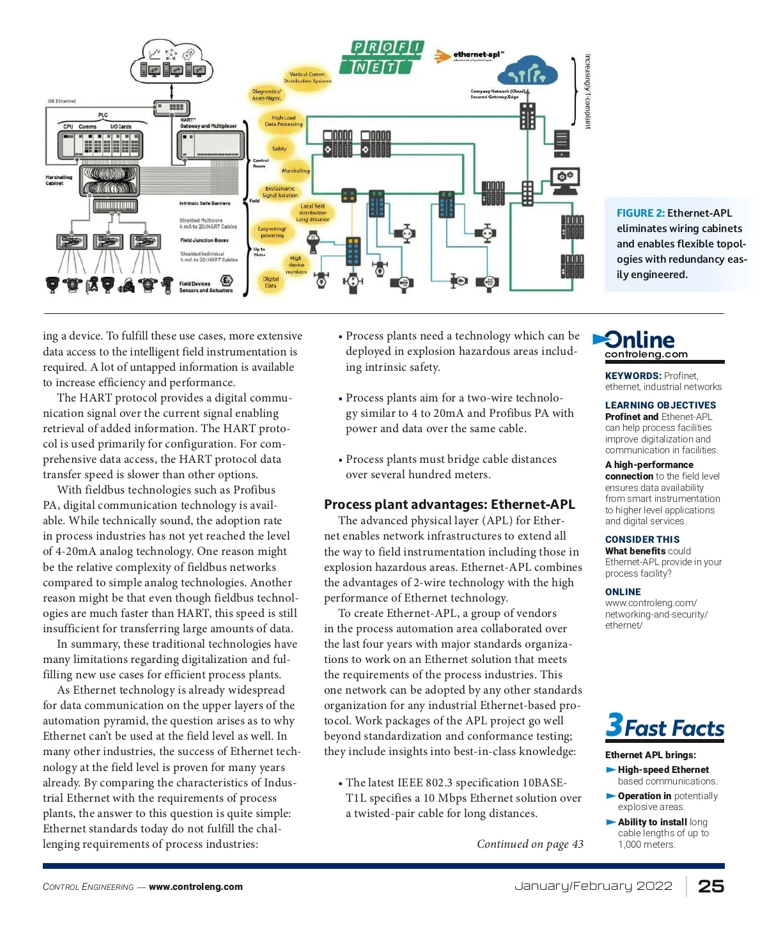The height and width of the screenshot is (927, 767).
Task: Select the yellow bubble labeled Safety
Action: [x=279, y=148]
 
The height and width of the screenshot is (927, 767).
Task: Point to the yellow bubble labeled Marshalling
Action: [x=295, y=171]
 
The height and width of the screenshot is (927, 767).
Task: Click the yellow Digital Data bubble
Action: [x=271, y=282]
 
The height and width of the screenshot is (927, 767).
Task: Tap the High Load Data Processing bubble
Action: [x=283, y=121]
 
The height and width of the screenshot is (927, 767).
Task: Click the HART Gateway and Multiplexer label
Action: [x=208, y=123]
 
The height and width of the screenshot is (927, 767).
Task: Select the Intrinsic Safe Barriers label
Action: [x=205, y=203]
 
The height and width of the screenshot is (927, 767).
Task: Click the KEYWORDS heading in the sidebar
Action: [x=633, y=376]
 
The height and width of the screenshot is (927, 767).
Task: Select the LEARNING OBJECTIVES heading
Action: [x=660, y=405]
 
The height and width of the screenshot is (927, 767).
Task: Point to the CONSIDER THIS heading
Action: [x=642, y=540]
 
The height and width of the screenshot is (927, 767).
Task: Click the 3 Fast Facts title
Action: [x=665, y=727]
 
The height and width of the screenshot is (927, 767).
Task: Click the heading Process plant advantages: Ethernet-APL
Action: [x=449, y=504]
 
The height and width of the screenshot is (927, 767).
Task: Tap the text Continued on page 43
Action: [x=530, y=844]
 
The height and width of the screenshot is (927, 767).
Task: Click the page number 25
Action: [x=711, y=886]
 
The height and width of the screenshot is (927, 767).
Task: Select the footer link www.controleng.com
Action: [x=196, y=887]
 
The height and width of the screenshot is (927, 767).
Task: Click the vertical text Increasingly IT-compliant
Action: [x=588, y=91]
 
